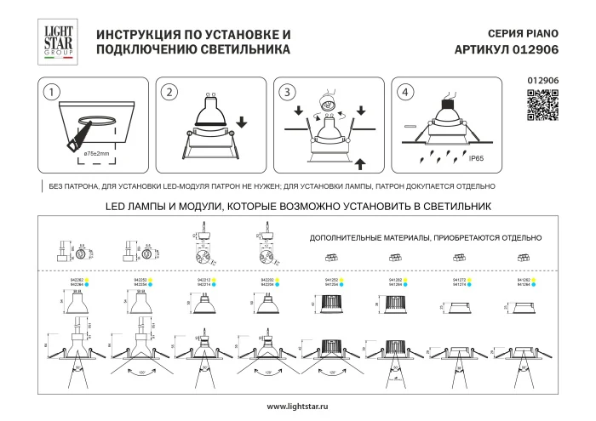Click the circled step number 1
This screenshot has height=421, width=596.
coord(54,91)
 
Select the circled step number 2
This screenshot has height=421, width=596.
coord(169,91)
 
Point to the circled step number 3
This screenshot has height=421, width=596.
coord(288,91)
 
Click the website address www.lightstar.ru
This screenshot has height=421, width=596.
coord(298,406)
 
